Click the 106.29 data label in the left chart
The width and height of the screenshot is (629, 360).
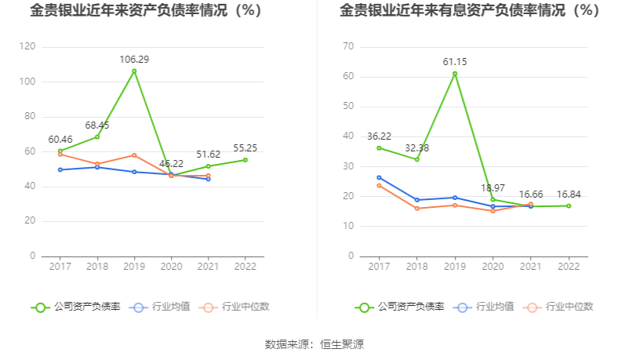pyautogui.click(x=134, y=60)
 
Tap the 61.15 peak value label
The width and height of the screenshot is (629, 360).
pyautogui.click(x=454, y=62)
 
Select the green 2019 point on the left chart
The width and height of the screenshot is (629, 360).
pyautogui.click(x=134, y=71)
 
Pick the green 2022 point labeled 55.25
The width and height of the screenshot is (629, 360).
pyautogui.click(x=245, y=160)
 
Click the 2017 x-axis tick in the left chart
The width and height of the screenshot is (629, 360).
pyautogui.click(x=60, y=267)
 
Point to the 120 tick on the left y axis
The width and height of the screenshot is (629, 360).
pyautogui.click(x=27, y=47)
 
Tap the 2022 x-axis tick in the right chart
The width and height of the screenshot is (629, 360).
pyautogui.click(x=568, y=267)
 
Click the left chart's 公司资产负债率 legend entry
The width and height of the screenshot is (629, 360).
pyautogui.click(x=77, y=307)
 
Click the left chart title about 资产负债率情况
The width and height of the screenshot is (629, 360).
pyautogui.click(x=146, y=11)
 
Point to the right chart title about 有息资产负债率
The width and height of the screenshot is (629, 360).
pyautogui.click(x=469, y=11)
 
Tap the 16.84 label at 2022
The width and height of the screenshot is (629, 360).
pyautogui.click(x=568, y=195)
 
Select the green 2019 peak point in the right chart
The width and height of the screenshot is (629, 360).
pyautogui.click(x=454, y=74)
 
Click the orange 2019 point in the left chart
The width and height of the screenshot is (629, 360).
pyautogui.click(x=134, y=155)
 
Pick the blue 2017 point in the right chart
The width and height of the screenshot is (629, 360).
pyautogui.click(x=379, y=177)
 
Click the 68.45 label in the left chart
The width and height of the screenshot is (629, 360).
pyautogui.click(x=97, y=125)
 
